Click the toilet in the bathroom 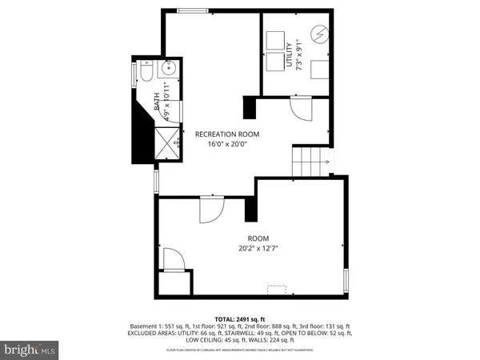[144, 73]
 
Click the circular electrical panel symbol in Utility [319, 35]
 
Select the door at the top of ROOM [209, 212]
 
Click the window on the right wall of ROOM [346, 281]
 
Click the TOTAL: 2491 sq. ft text [240, 319]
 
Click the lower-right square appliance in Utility [322, 68]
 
